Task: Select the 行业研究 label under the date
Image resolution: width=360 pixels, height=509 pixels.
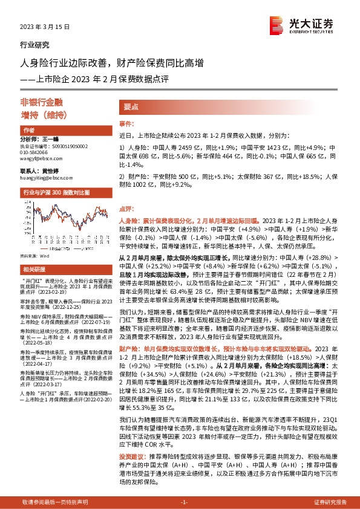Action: pos(35,45)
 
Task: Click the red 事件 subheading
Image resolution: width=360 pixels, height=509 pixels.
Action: pos(125,123)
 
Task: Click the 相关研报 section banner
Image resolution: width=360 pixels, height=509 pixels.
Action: pos(33,269)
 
